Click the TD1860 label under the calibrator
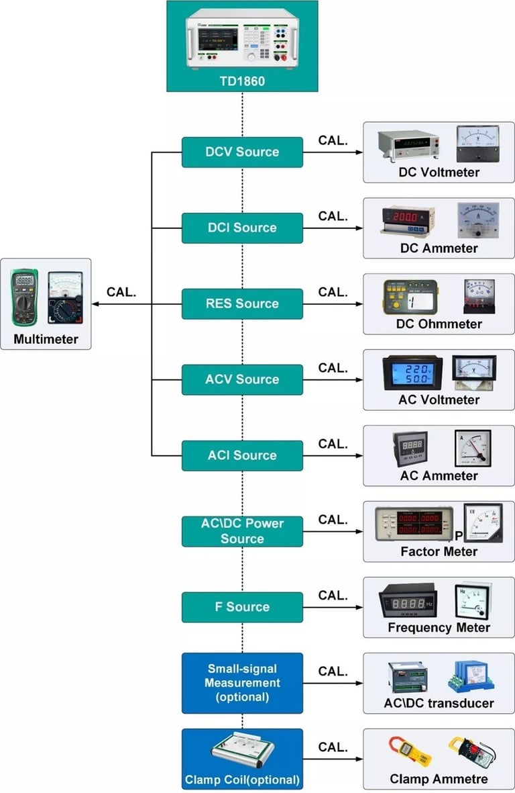point(242,81)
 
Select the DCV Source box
point(242,152)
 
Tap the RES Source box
point(242,304)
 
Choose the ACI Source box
point(242,455)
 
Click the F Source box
point(242,607)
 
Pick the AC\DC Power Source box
point(242,531)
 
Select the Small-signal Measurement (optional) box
point(242,683)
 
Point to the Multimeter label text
point(46,339)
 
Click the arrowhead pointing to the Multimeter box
point(96,304)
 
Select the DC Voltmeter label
point(439,173)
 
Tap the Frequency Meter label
point(439,628)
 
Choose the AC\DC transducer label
point(439,704)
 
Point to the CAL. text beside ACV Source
point(333,368)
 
